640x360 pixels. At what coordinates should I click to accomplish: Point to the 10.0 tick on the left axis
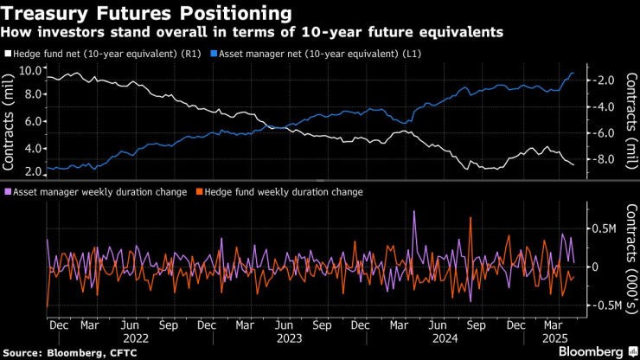click(30, 70)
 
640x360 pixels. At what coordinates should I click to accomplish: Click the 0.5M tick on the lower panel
click(602, 228)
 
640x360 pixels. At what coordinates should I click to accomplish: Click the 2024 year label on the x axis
click(445, 339)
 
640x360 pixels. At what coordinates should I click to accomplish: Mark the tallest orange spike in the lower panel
click(470, 218)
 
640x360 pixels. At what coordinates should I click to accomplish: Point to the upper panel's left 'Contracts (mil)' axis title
click(11, 121)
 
